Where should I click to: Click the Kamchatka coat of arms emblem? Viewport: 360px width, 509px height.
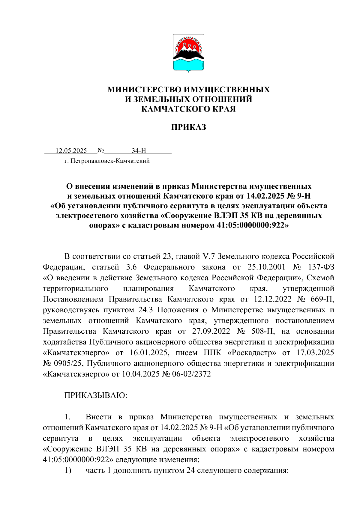(188, 53)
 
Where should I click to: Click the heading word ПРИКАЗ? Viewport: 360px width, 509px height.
(188, 127)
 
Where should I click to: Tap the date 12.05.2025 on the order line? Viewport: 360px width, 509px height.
(71, 150)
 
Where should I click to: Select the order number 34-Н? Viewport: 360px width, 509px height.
(139, 150)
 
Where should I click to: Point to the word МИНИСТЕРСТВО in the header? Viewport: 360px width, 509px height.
(144, 89)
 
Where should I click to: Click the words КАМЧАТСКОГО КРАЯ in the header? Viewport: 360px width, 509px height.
(188, 109)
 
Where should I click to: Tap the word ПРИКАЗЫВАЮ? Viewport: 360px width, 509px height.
(96, 395)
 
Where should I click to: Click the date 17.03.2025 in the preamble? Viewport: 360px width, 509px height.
(315, 353)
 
